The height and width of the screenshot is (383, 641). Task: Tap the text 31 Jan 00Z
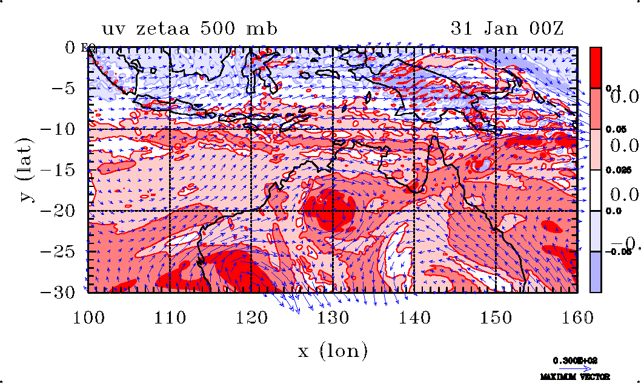click(507, 29)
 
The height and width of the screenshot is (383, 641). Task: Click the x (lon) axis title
click(333, 351)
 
